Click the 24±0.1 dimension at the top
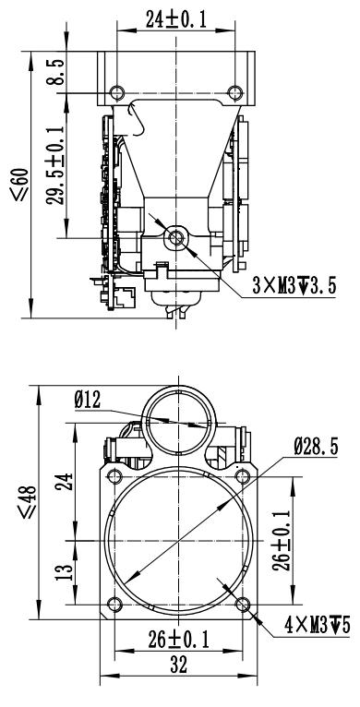[x=175, y=19]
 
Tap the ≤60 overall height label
[x=20, y=184]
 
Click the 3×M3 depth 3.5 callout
[x=294, y=286]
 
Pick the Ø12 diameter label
[x=88, y=400]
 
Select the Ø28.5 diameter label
[x=316, y=447]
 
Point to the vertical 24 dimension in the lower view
[x=65, y=483]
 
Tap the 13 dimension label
[x=65, y=571]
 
